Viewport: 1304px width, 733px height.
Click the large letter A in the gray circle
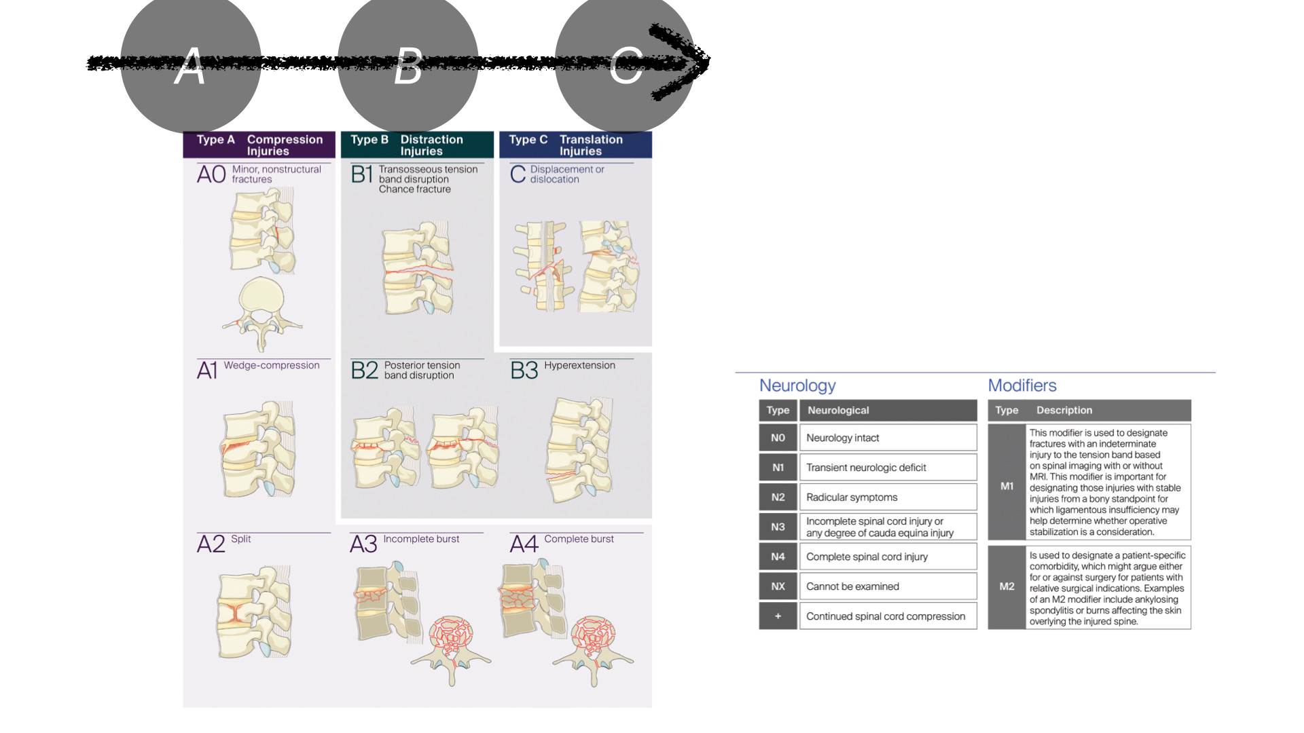pyautogui.click(x=189, y=66)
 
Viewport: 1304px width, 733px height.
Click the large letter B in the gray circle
pyautogui.click(x=408, y=66)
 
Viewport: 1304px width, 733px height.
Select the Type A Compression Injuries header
pyautogui.click(x=259, y=145)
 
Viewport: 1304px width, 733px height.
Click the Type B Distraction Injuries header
pyautogui.click(x=417, y=145)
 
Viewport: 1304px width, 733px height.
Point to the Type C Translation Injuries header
pyautogui.click(x=575, y=145)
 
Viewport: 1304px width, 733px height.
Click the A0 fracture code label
pyautogui.click(x=211, y=174)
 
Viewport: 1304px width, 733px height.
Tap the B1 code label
pyautogui.click(x=362, y=174)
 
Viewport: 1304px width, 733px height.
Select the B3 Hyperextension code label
pyautogui.click(x=524, y=371)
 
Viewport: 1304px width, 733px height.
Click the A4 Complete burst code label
pyautogui.click(x=524, y=544)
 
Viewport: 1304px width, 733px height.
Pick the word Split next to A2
pyautogui.click(x=240, y=539)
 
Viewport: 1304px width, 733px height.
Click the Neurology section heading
pyautogui.click(x=797, y=386)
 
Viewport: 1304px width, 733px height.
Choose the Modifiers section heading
pyautogui.click(x=1022, y=386)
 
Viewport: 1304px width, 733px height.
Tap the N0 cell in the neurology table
pyautogui.click(x=778, y=438)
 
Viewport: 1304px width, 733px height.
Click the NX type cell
pyautogui.click(x=778, y=586)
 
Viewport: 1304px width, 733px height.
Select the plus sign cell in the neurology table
pyautogui.click(x=778, y=616)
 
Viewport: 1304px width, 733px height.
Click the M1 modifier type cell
pyautogui.click(x=1007, y=486)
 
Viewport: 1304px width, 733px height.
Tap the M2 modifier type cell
pyautogui.click(x=1007, y=586)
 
